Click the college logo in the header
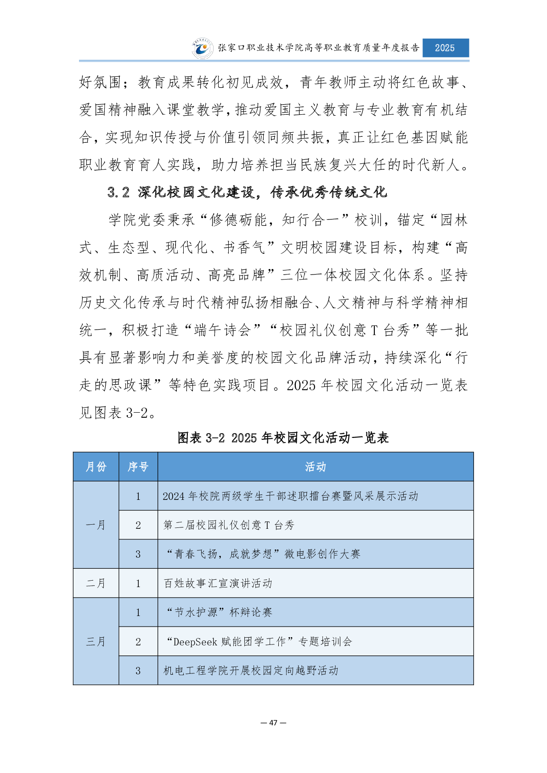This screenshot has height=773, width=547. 203,48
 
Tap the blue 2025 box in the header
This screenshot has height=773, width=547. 445,48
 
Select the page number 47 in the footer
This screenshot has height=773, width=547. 273,723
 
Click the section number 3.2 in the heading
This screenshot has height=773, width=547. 118,192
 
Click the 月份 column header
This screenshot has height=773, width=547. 96,467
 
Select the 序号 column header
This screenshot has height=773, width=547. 138,467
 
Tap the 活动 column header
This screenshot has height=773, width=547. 316,467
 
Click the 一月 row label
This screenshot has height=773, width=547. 96,525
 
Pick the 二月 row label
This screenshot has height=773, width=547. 96,583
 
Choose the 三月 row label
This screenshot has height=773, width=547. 96,642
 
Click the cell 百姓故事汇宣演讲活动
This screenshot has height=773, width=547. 218,583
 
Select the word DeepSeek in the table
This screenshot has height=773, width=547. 195,642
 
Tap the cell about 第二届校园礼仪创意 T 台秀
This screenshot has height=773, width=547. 229,525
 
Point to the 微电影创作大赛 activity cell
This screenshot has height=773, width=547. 263,554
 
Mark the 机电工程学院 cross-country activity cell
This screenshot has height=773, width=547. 251,671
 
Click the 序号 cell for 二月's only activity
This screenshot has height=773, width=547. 138,583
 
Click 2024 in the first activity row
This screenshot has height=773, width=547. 173,496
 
